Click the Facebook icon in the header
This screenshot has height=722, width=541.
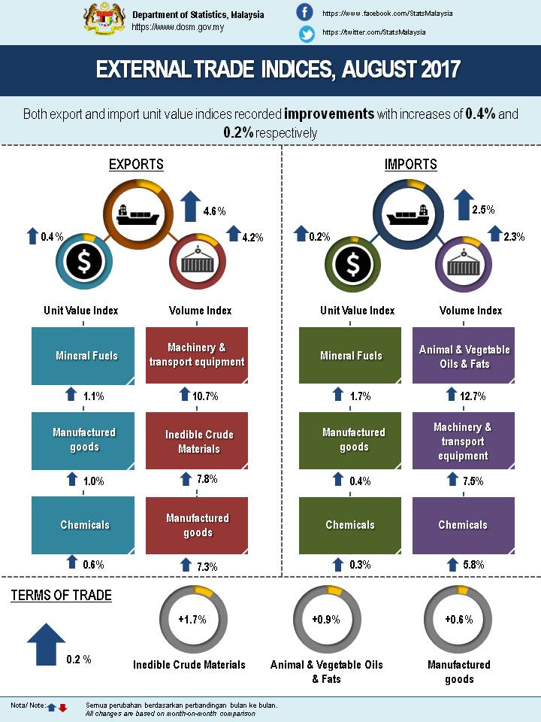pos(305,12)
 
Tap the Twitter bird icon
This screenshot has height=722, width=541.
pos(306,34)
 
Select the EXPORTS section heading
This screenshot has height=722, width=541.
pos(136,164)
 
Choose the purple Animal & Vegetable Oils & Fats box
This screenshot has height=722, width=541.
pos(464,356)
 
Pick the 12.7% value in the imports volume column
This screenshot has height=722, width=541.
pos(470,396)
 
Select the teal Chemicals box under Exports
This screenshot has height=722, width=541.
pos(83,525)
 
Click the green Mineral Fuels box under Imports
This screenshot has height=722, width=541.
pos(351,356)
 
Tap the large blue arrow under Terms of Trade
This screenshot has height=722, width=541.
pos(46,643)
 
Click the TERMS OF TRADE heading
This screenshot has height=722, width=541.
pos(62,596)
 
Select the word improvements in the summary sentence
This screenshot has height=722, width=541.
pos(329,114)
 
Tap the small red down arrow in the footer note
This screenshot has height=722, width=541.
pos(63,707)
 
